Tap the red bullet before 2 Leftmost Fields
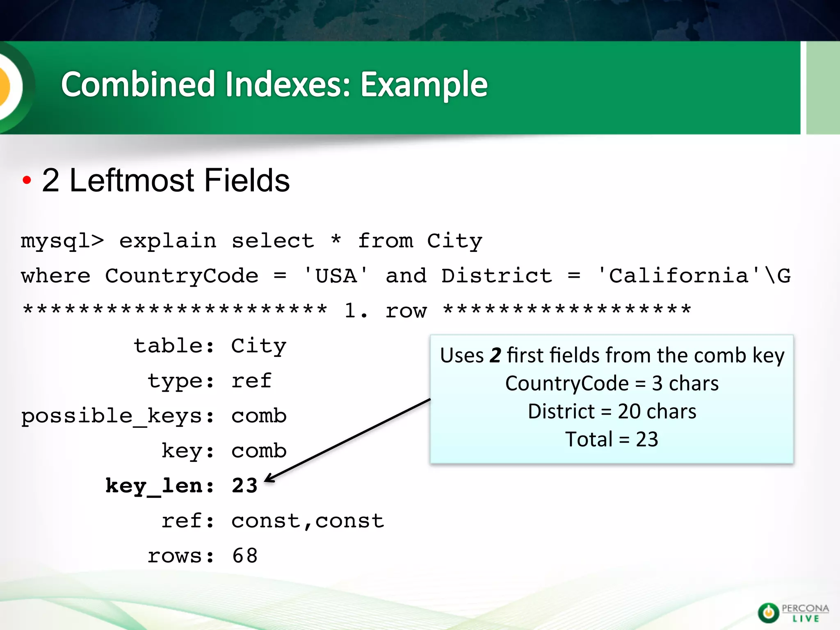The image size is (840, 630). pyautogui.click(x=27, y=180)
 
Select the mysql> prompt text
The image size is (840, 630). pyautogui.click(x=62, y=241)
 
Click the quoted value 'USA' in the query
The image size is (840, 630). pyautogui.click(x=336, y=275)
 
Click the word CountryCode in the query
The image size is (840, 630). pyautogui.click(x=182, y=276)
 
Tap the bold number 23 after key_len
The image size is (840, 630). pyautogui.click(x=244, y=486)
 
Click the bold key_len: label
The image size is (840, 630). pyautogui.click(x=160, y=486)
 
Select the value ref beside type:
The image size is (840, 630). pyautogui.click(x=251, y=381)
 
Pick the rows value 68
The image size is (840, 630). pyautogui.click(x=245, y=556)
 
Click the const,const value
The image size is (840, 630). pyautogui.click(x=308, y=521)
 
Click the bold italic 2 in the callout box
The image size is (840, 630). pyautogui.click(x=495, y=355)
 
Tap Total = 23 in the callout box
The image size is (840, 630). pyautogui.click(x=612, y=439)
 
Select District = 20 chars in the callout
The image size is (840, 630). pyautogui.click(x=612, y=411)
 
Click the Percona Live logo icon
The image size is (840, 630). pyautogui.click(x=768, y=613)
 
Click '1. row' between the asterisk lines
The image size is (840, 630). pyautogui.click(x=386, y=310)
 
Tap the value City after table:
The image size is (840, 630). pyautogui.click(x=258, y=346)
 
